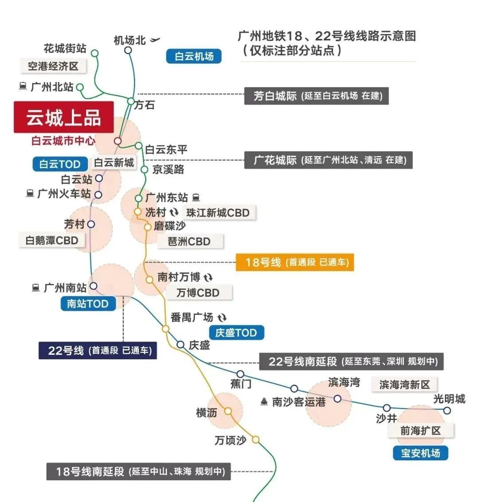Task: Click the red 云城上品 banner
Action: pos(63,117)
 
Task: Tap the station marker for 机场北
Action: pos(128,50)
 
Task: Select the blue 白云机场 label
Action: pos(194,56)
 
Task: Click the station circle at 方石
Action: pos(131,101)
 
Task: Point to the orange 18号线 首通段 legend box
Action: pos(295,262)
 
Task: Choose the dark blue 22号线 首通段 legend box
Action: pos(98,350)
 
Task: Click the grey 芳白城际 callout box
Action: pos(316,96)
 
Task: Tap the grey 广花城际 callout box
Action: pos(328,160)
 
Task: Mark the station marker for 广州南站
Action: pos(94,286)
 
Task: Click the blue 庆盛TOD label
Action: pos(236,333)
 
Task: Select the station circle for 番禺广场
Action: pos(165,329)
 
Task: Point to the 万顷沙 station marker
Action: pos(255,439)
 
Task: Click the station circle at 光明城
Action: pos(447,411)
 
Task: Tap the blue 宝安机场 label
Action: pos(420,453)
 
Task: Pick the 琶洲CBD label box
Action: pos(189,242)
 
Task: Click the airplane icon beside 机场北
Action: pos(155,40)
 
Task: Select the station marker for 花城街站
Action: pos(94,53)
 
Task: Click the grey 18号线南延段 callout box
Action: pos(139,471)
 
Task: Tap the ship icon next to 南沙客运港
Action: pos(264,402)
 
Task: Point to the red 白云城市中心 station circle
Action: pos(118,141)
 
